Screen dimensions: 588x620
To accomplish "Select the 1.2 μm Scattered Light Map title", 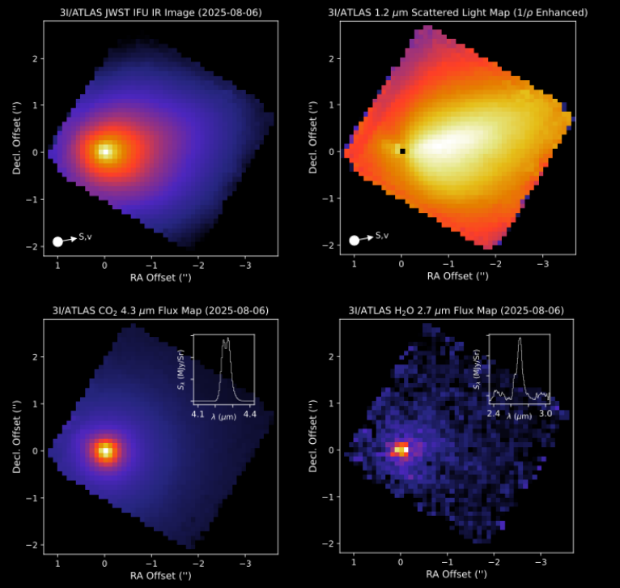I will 457,12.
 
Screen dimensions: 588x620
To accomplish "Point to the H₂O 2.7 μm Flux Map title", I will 457,310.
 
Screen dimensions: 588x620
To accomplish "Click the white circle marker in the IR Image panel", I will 57,241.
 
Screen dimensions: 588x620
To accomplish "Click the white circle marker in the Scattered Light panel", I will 355,240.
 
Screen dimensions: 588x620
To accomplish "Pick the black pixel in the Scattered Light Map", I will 403,151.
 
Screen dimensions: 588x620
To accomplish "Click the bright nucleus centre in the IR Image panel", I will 104,151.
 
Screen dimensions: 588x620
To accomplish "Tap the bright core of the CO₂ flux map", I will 104,450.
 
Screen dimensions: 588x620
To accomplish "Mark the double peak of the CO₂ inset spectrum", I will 226,340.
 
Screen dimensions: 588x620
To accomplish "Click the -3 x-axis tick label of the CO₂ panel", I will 244,561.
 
